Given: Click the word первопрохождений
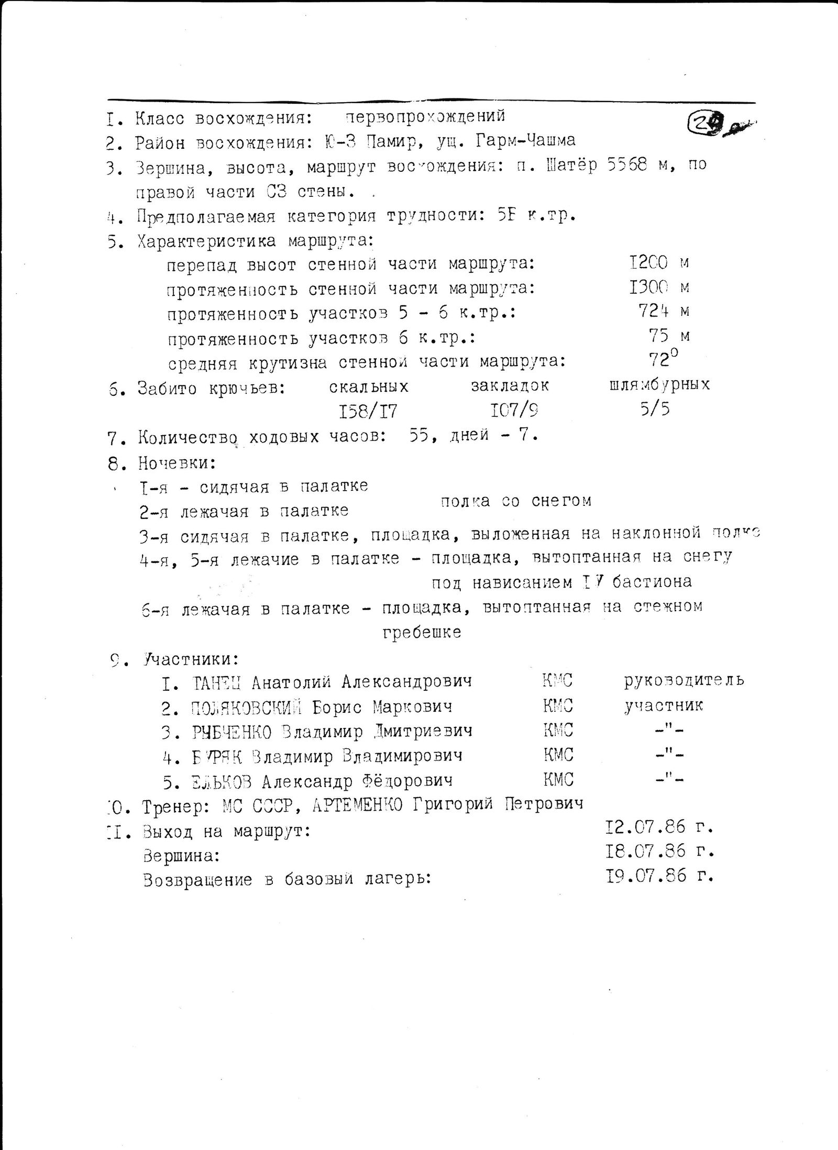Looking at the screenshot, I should point(425,116).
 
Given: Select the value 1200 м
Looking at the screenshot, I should point(659,262).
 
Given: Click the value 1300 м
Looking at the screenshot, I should point(659,286).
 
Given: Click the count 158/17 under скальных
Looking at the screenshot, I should point(368,412).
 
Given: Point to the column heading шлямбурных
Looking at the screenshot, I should point(659,385).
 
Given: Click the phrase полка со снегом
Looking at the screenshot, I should point(516,501).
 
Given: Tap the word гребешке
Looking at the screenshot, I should point(422,632).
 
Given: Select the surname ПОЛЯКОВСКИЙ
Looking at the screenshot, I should point(247,707).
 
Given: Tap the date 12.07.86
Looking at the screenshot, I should point(645,827).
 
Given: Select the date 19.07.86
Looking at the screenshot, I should point(645,876).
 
